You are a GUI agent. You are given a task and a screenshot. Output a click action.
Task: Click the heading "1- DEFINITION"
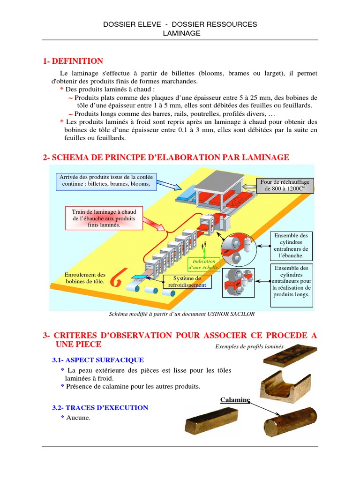tap(73, 61)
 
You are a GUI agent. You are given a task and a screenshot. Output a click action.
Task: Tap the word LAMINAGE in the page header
tap(181, 33)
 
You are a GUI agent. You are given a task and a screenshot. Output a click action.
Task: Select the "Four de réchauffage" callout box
tap(284, 186)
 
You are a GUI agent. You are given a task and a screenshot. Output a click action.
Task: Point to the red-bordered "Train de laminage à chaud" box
tap(104, 218)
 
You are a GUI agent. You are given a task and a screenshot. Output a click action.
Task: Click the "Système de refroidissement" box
tap(187, 281)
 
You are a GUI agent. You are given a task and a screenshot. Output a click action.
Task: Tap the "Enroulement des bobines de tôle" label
tap(85, 278)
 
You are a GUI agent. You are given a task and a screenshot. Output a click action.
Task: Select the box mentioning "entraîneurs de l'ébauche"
tap(291, 246)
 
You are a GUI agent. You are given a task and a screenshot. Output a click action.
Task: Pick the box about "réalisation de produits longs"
tap(291, 281)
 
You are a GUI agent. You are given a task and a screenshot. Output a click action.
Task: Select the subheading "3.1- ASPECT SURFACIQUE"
tap(98, 360)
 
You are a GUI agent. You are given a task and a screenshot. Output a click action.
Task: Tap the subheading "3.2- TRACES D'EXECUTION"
tap(100, 408)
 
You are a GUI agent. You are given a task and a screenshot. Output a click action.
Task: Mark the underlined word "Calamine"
tap(235, 400)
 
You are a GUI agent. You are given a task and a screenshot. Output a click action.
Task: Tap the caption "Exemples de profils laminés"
tap(249, 347)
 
